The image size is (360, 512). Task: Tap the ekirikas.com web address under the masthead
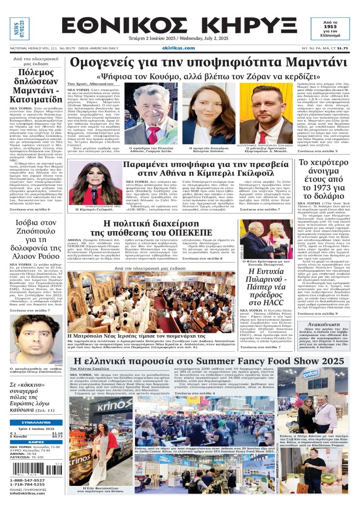click(x=179, y=48)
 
